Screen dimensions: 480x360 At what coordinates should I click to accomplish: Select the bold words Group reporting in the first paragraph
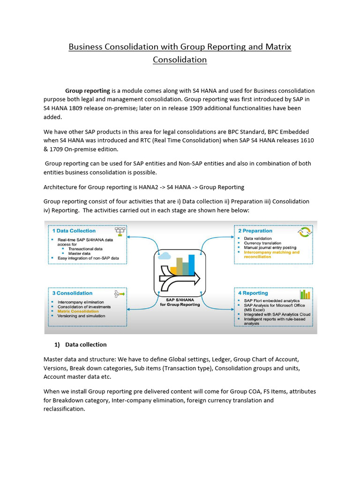pos(88,90)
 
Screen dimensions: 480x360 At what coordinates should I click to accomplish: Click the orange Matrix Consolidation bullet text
pos(78,311)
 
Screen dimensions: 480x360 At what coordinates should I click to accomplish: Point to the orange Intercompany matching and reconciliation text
pos(271,255)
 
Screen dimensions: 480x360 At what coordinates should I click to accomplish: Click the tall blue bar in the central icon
pos(191,264)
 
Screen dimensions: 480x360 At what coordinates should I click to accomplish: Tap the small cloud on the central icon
pos(164,256)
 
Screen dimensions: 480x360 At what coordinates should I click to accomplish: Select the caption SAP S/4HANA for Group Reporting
pos(180,301)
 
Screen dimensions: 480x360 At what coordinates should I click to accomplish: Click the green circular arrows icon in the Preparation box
pos(305,232)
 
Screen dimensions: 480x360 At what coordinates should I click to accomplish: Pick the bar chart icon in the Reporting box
pos(305,294)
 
